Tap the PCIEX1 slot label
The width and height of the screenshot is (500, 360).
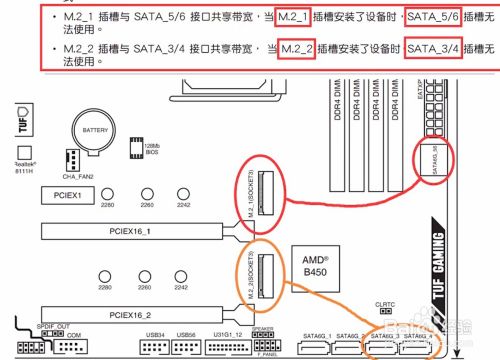[x=68, y=194]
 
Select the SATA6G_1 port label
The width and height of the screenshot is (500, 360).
[x=315, y=334]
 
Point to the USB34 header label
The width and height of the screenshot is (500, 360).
[x=155, y=334]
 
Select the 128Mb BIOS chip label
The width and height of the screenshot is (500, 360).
[x=153, y=150]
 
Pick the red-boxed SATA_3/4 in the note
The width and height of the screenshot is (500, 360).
[x=433, y=49]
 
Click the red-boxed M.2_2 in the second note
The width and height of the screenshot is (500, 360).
[x=298, y=49]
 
